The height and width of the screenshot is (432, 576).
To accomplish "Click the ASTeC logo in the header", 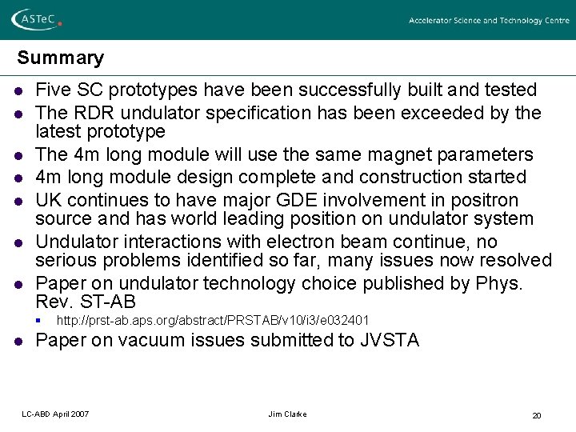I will [x=37, y=20].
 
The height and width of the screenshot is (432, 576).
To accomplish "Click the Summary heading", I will [x=61, y=58].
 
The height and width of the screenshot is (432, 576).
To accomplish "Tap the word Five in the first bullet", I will [x=54, y=90].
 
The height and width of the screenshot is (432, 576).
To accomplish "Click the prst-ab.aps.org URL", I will [x=213, y=321].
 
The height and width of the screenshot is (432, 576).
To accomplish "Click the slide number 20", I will [x=537, y=415].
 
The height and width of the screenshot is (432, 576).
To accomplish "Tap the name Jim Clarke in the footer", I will [x=288, y=414].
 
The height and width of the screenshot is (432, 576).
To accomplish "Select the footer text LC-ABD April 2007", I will [x=55, y=414].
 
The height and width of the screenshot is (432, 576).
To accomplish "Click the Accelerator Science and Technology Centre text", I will [x=489, y=21].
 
